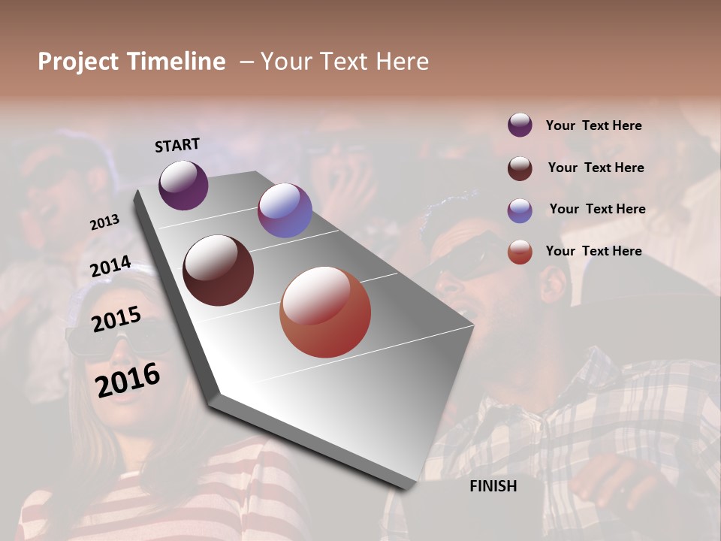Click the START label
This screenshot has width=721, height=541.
click(177, 145)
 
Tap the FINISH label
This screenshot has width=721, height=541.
click(493, 486)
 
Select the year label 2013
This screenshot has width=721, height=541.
click(104, 222)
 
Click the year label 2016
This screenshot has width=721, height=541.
click(128, 379)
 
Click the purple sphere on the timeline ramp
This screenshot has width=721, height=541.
click(183, 185)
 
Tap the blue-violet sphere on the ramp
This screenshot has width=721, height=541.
click(285, 210)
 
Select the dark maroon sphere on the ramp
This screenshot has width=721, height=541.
click(218, 270)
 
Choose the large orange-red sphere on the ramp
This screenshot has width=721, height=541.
click(325, 312)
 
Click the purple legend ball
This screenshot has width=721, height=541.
click(520, 125)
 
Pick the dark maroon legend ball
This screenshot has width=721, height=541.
click(520, 168)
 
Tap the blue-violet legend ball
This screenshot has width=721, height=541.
click(520, 210)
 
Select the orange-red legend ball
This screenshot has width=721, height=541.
click(520, 252)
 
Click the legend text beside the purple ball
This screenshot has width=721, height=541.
click(593, 125)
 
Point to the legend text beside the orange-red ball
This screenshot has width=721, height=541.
click(593, 251)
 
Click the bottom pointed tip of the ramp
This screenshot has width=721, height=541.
click(406, 488)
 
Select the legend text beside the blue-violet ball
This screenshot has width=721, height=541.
click(597, 209)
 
